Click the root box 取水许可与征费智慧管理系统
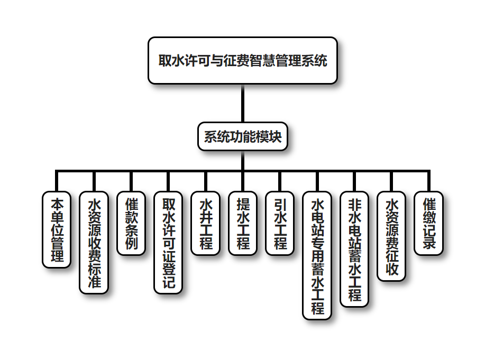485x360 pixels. pos(243,60)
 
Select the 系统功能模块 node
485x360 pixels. pos(243,137)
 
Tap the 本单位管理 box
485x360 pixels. pos(57,230)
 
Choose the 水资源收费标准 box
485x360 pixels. pos(94,243)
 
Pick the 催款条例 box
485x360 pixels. pos(131,224)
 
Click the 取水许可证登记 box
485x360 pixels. pos(169,243)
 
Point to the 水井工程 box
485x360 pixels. pos(206,224)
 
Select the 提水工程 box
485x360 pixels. pos(243,224)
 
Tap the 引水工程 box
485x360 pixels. pos(280,224)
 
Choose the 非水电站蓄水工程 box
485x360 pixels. pos(354,249)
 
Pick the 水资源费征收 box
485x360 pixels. pos(392,236)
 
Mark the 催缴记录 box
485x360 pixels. pos(429,224)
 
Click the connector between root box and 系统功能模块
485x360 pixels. pos(243,103)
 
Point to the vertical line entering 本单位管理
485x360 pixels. pos(57,181)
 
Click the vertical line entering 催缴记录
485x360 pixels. pos(429,181)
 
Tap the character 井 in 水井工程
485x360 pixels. pos(206,217)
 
